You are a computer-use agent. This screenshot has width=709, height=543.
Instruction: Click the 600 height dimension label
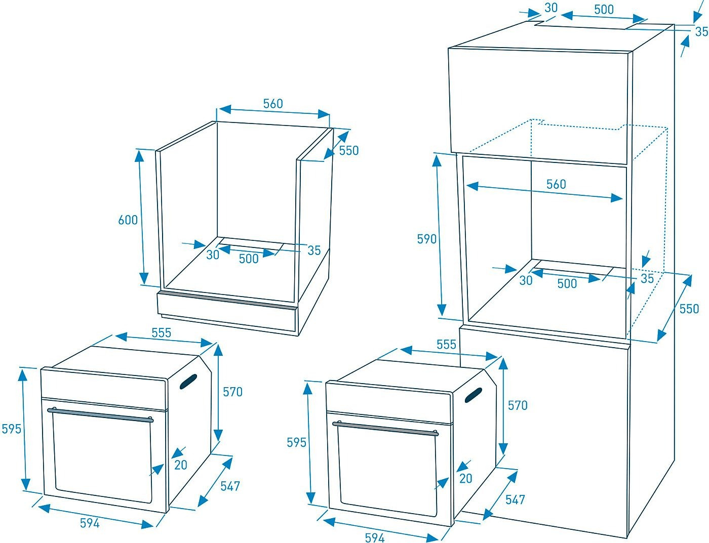point(128,220)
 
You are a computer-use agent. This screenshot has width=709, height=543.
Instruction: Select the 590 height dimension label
point(427,239)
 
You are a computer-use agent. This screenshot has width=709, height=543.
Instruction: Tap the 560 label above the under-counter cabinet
point(273,104)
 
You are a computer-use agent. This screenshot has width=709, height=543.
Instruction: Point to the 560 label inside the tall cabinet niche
point(556,185)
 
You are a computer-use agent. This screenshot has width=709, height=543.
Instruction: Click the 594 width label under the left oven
point(90,523)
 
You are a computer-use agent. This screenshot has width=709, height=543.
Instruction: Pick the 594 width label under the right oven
point(375,537)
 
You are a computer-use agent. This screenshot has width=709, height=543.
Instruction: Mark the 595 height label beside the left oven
point(12,429)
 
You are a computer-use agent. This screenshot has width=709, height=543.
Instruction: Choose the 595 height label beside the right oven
point(297,442)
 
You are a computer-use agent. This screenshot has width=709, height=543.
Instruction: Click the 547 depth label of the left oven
point(230,486)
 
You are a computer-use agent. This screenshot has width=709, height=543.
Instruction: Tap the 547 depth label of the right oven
point(515,499)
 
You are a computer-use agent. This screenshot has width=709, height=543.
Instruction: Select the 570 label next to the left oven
point(232,392)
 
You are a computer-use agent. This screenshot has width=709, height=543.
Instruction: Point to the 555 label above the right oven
point(446,345)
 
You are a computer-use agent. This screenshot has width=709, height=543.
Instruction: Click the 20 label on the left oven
point(181,465)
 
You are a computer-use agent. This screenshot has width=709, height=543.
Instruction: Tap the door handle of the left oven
point(100,414)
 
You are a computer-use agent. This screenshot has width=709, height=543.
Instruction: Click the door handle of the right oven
point(385,428)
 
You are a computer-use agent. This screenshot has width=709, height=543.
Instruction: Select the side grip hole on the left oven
point(188,382)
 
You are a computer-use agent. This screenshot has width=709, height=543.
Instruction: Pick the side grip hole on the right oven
point(474,395)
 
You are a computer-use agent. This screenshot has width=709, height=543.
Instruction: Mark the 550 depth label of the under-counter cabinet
point(349,151)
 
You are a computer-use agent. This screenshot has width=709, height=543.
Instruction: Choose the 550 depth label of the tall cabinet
point(689,309)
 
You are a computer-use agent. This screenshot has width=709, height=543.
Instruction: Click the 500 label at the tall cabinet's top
point(604,10)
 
